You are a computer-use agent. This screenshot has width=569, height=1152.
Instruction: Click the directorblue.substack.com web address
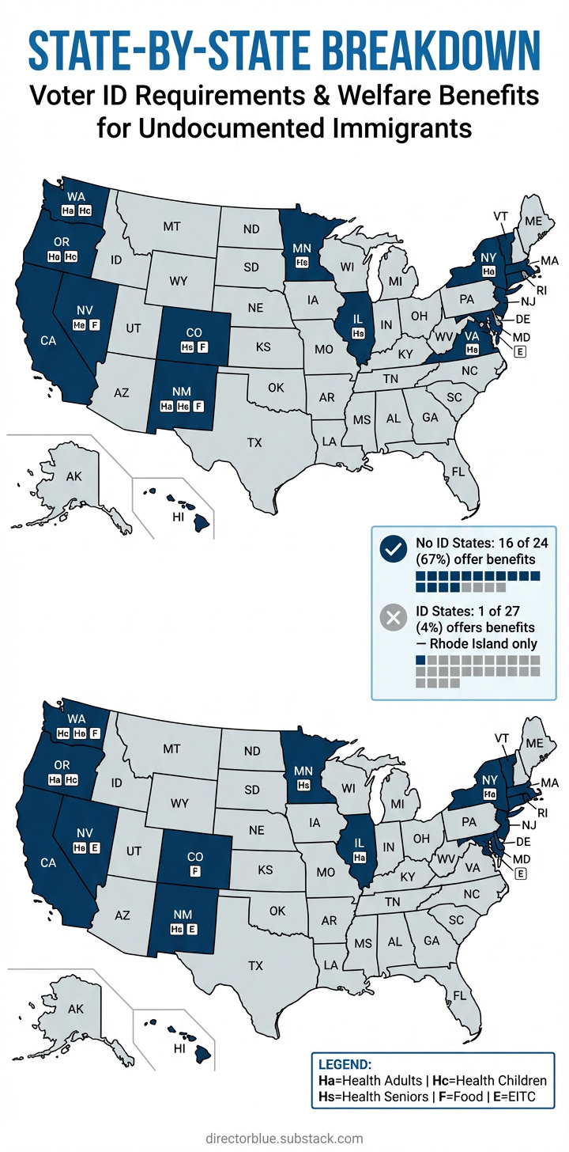coord(284,1139)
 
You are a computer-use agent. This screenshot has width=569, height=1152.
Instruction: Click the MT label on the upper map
coord(171,226)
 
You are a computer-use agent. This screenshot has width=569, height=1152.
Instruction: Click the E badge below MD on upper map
coord(519,352)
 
